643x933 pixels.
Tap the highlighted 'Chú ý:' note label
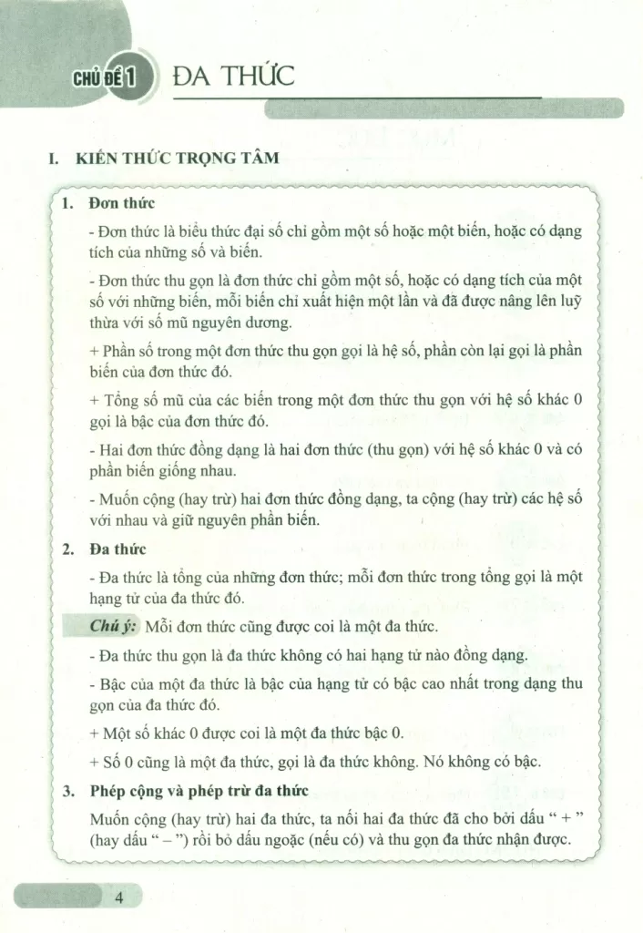click(113, 628)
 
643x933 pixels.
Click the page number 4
click(118, 898)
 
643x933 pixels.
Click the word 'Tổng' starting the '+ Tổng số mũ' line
click(123, 400)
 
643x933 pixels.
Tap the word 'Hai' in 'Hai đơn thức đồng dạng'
click(112, 449)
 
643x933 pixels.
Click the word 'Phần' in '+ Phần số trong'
click(125, 351)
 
